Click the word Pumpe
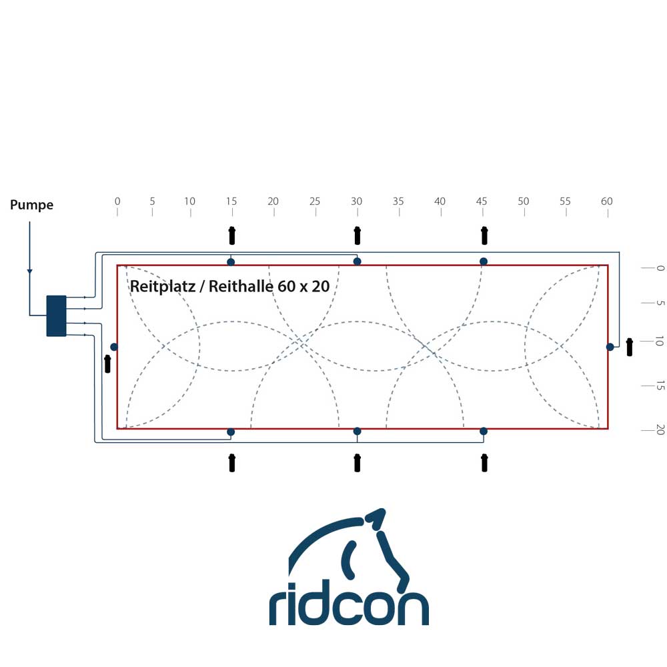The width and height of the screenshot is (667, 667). (x=31, y=205)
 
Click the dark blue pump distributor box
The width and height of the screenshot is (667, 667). (x=56, y=315)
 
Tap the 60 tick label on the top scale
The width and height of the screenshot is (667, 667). (x=606, y=201)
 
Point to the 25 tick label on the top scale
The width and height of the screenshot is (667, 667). (x=315, y=201)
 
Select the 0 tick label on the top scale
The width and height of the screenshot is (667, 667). (x=117, y=201)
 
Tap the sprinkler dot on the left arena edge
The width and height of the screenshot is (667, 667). (x=114, y=347)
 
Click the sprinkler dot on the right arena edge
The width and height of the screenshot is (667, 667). (x=610, y=347)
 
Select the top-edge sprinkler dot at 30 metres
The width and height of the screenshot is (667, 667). (x=357, y=261)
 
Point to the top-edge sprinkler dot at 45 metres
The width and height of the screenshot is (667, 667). (x=484, y=261)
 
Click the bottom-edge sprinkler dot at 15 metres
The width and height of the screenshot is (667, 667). (x=231, y=432)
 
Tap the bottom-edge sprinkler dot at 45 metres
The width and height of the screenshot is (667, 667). (x=484, y=432)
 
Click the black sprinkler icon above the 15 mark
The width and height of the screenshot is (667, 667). (x=232, y=235)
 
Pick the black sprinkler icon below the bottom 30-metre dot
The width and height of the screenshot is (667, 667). (x=357, y=462)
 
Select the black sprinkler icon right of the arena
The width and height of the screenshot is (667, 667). (x=629, y=347)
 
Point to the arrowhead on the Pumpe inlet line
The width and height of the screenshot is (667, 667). (x=29, y=271)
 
